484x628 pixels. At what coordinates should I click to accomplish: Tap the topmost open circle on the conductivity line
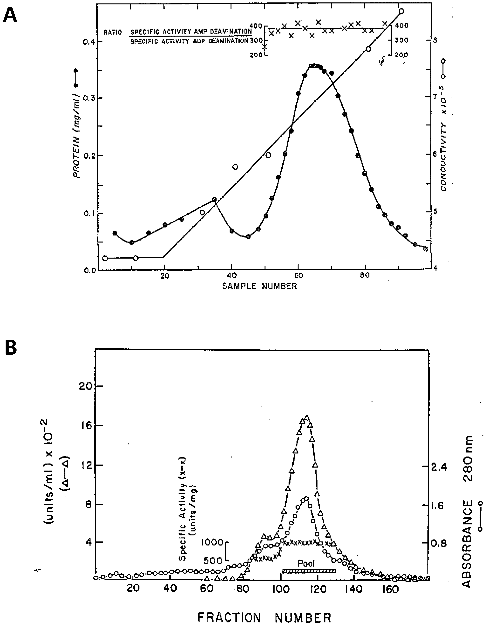point(401,11)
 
